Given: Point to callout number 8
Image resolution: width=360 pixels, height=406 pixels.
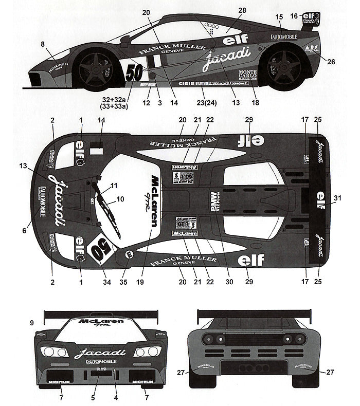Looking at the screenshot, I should [42, 45].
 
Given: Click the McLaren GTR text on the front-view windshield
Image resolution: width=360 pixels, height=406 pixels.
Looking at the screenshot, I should [101, 323].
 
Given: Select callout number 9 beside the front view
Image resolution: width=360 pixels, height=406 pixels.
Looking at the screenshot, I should [32, 323].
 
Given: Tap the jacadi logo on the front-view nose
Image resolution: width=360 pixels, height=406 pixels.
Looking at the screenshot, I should [100, 353].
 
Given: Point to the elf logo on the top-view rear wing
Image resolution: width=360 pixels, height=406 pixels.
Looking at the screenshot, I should [320, 196].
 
